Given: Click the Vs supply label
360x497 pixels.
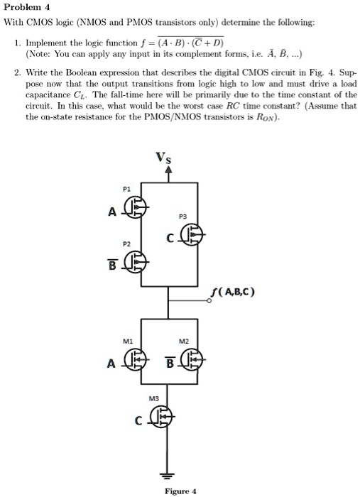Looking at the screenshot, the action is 163,158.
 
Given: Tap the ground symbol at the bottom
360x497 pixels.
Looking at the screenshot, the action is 168,476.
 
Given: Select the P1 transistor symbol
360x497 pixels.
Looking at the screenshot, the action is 136,207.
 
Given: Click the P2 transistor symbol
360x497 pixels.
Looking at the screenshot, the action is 136,262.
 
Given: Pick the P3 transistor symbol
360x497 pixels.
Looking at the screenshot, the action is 192,234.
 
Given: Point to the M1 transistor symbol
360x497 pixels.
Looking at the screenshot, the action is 136,359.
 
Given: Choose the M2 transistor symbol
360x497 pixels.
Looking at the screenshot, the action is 192,359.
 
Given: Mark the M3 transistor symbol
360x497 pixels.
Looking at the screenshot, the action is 161,416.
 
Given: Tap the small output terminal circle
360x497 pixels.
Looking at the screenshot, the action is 209,301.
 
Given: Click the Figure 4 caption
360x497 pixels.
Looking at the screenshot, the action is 180,491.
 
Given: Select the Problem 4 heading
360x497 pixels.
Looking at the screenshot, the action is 26,7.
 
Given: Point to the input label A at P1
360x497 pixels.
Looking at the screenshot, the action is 112,212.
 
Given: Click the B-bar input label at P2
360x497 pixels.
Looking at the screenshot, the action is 112,264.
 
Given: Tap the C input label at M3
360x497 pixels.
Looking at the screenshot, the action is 138,421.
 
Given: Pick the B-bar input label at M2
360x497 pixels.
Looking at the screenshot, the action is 170,362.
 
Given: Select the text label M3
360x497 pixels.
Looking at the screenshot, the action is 153,399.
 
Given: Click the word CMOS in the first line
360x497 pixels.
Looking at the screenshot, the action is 38,23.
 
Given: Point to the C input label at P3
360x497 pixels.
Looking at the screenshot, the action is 170,238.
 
